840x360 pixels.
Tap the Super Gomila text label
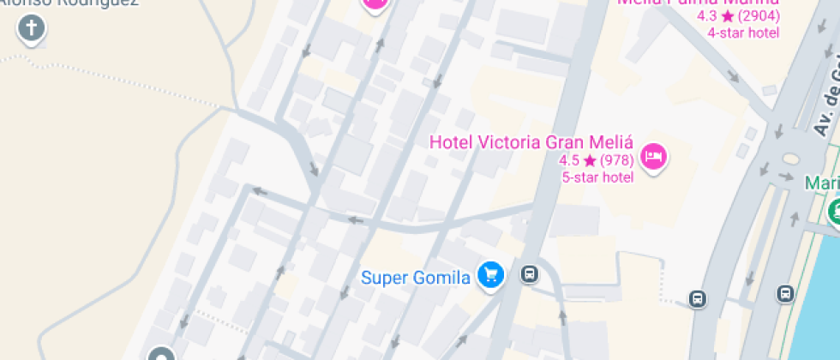click(x=416, y=277)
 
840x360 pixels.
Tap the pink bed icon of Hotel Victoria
click(x=654, y=156)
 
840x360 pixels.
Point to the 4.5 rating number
click(x=569, y=160)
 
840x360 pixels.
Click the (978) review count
click(x=616, y=160)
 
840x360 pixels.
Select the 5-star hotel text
click(x=597, y=177)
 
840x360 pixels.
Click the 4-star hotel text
click(x=743, y=33)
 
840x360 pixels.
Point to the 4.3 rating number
click(x=707, y=16)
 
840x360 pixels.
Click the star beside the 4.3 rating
click(x=727, y=16)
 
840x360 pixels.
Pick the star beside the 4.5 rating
click(x=590, y=160)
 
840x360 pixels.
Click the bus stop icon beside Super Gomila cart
click(x=530, y=274)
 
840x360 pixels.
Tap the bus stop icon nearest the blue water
click(x=785, y=294)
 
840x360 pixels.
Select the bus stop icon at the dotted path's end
click(x=698, y=299)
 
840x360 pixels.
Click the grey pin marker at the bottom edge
click(x=161, y=354)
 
